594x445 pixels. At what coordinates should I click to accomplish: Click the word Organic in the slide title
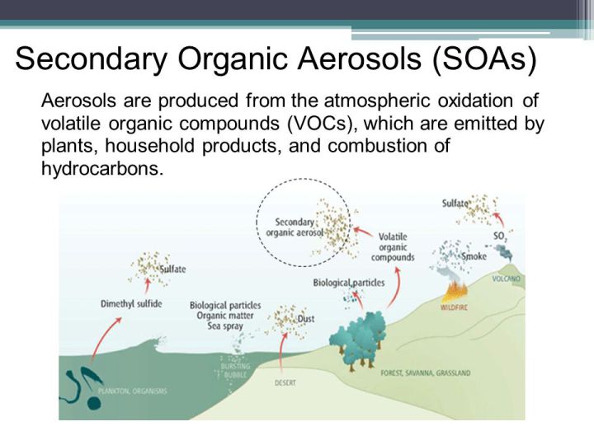[x=233, y=59]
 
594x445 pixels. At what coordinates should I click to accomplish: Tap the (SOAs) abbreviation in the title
[x=484, y=59]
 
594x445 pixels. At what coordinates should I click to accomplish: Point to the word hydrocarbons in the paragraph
[x=102, y=168]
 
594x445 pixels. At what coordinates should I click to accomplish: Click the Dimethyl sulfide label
[x=131, y=304]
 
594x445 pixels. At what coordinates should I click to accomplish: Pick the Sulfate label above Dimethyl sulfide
[x=172, y=269]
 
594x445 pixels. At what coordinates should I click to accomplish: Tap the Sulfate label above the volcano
[x=455, y=204]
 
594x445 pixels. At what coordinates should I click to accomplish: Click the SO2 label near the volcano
[x=500, y=237]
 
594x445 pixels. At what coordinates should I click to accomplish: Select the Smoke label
[x=474, y=256]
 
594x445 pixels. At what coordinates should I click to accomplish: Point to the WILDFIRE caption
[x=454, y=307]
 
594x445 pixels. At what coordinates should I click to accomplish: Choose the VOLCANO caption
[x=506, y=279]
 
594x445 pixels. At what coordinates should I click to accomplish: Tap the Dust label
[x=306, y=319]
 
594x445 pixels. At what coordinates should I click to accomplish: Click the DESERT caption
[x=285, y=383]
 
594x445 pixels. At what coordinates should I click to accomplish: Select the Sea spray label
[x=225, y=326]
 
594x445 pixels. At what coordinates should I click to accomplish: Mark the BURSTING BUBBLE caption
[x=235, y=371]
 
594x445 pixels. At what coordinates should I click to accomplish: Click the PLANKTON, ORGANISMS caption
[x=133, y=391]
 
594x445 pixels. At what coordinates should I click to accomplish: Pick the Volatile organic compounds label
[x=393, y=247]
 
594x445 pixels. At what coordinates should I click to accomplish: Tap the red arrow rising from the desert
[x=281, y=352]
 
